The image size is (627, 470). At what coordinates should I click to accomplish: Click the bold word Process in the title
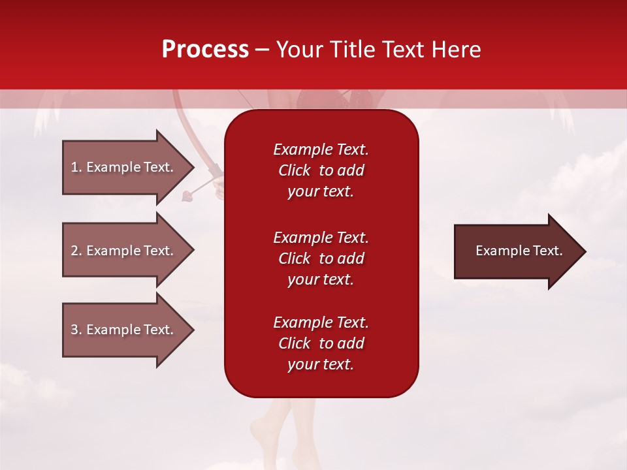pos(205,50)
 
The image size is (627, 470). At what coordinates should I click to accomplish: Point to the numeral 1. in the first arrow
pos(76,167)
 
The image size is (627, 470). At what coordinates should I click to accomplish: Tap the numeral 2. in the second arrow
pos(76,251)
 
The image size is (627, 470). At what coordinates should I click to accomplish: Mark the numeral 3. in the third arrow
pos(76,330)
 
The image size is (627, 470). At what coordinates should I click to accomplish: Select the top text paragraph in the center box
pos(321,170)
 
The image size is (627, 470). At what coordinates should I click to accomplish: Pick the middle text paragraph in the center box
pos(321,258)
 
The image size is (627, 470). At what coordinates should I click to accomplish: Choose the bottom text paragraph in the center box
pos(321,343)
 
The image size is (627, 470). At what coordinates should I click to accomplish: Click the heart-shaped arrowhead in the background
pos(187,194)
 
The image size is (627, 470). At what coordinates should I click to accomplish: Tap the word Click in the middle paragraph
pos(294,258)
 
